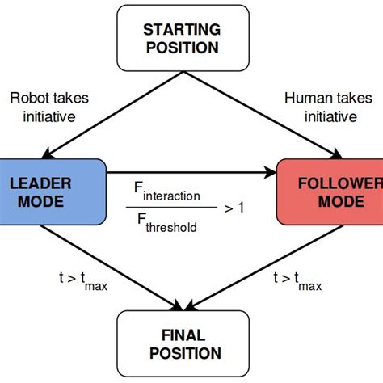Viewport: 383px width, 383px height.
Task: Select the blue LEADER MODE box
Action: point(53,191)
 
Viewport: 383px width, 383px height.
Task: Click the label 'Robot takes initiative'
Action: point(50,107)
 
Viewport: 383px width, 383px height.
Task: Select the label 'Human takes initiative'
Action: point(322,107)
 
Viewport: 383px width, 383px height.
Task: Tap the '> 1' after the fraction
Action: point(235,208)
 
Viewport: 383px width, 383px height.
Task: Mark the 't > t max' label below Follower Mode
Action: point(298,280)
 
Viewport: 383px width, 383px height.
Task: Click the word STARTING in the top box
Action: point(180,29)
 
